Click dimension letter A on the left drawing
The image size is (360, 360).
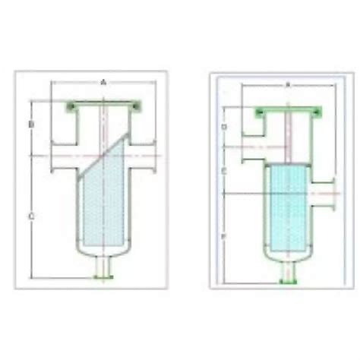pyautogui.click(x=103, y=80)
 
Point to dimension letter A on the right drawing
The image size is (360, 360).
pyautogui.click(x=287, y=85)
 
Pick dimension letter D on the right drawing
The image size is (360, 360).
pyautogui.click(x=224, y=125)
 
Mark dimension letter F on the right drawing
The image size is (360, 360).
pyautogui.click(x=224, y=237)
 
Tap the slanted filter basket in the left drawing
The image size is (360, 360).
pyautogui.click(x=103, y=201)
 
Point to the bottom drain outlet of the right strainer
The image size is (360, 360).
pyautogui.click(x=286, y=273)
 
